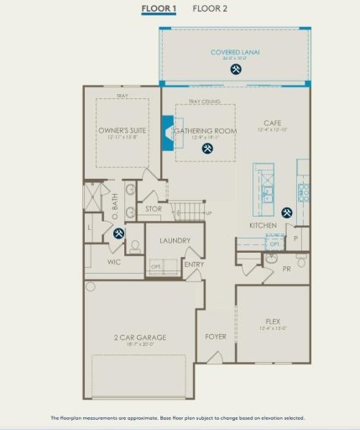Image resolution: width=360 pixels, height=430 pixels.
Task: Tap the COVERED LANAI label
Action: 235,52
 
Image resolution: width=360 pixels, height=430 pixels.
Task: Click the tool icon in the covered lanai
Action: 235,69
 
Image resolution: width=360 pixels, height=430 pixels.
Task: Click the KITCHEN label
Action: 263,226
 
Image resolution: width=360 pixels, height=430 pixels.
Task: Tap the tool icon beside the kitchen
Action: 288,213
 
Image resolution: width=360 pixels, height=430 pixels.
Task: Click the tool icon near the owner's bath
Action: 118,233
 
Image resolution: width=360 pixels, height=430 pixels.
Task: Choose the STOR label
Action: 154,208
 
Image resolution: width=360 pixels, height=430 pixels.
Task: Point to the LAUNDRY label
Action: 174,241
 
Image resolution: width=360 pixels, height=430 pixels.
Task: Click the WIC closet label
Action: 116,262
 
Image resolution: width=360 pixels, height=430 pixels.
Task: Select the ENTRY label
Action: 194,265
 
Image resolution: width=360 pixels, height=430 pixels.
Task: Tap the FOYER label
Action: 216,336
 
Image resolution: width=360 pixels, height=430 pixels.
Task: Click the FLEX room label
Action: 273,321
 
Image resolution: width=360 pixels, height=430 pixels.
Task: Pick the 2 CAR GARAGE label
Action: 140,337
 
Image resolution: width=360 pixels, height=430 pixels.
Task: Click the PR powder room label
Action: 287,269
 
